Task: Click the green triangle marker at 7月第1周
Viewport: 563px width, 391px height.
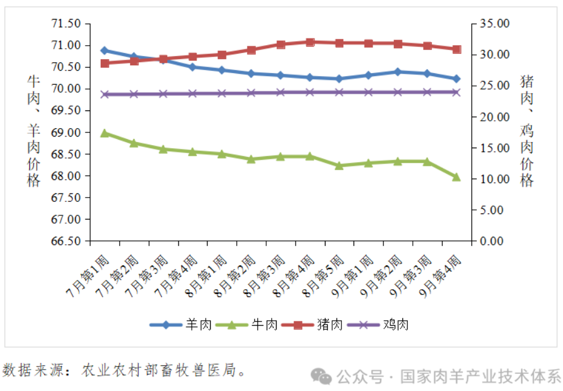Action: tap(104, 132)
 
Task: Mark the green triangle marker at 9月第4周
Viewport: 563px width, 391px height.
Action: tap(456, 176)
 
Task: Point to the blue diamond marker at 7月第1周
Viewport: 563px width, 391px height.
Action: tap(104, 51)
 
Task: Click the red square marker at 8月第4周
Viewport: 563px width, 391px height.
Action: tap(310, 42)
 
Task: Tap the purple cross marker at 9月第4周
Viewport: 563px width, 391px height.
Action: tap(456, 92)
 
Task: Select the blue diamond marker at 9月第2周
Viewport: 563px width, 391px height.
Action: tap(398, 71)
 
